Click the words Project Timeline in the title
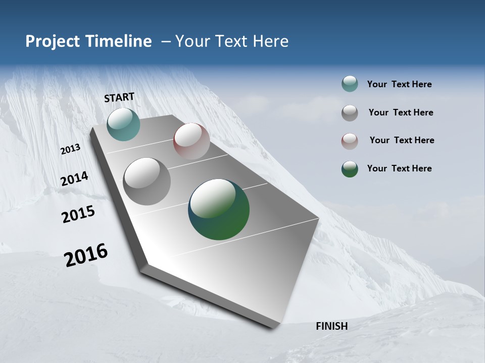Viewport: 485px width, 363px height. (x=88, y=41)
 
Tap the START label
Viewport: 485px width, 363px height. (x=119, y=97)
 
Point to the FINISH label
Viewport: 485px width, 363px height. (x=332, y=326)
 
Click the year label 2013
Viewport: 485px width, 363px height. (x=71, y=149)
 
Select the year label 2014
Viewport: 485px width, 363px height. (x=75, y=178)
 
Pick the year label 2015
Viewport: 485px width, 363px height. (x=78, y=214)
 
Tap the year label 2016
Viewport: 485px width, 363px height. (x=86, y=255)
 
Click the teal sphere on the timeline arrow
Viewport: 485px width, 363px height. (x=123, y=124)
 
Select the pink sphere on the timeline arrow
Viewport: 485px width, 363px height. (x=191, y=141)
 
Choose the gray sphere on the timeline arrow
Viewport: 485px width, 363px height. (x=147, y=181)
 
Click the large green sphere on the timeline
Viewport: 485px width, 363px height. (x=219, y=209)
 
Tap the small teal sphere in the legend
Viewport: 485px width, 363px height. (x=350, y=84)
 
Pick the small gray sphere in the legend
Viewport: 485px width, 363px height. (x=350, y=112)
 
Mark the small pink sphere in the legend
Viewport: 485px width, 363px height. (x=350, y=141)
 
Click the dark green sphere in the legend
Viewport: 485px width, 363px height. (x=350, y=169)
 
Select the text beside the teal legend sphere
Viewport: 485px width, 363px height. (x=399, y=84)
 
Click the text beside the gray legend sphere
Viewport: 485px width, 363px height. (x=401, y=112)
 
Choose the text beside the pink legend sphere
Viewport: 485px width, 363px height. (x=402, y=140)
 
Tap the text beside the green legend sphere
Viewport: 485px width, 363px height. (x=399, y=168)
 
